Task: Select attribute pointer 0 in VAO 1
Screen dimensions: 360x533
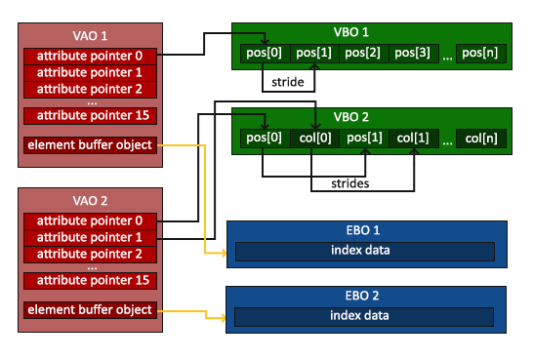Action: click(90, 56)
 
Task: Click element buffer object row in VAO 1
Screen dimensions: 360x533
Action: click(90, 145)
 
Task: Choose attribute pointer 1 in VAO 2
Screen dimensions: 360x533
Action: click(90, 237)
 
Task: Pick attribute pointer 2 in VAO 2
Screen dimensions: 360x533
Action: click(90, 254)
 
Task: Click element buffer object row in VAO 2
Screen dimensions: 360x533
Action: click(90, 310)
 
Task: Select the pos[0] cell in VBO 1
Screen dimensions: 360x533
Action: click(265, 53)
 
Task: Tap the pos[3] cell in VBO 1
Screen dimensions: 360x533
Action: click(413, 53)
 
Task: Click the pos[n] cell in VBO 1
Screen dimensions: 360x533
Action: click(482, 53)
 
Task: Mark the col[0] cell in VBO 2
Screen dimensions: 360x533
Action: click(313, 139)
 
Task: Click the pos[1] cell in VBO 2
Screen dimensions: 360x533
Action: click(363, 139)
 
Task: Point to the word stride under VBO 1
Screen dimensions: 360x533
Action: click(289, 83)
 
